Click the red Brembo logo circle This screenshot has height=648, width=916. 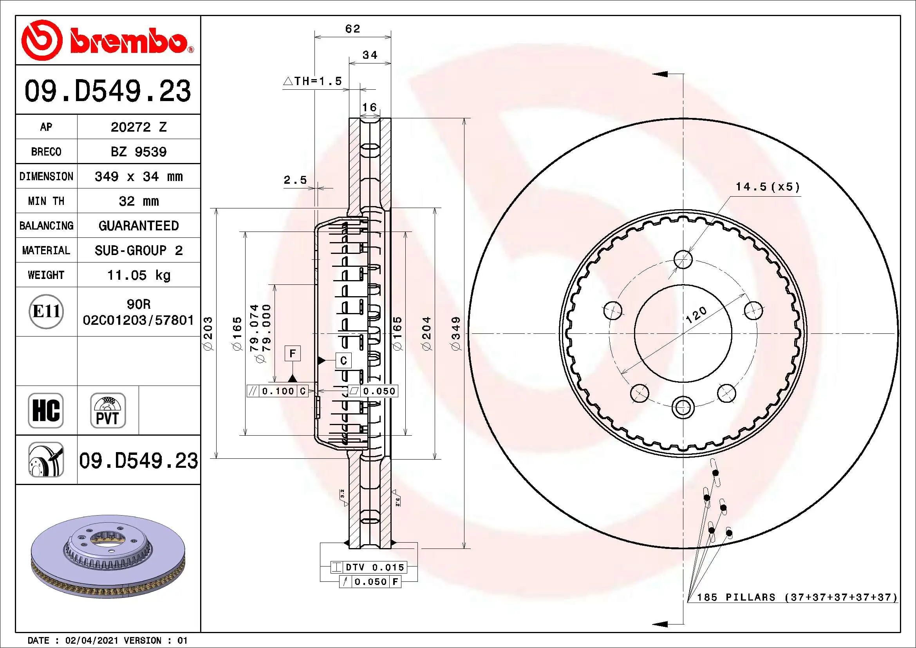pos(42,40)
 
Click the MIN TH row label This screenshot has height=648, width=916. pos(46,201)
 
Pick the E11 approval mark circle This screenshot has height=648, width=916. pos(46,311)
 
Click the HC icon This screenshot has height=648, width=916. pos(46,411)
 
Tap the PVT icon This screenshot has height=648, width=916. pos(108,411)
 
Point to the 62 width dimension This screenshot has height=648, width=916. pos(353,29)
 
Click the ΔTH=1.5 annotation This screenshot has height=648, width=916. pos(313,81)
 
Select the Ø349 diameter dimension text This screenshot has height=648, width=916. pos(456,333)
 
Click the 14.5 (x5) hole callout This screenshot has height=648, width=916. pos(768,187)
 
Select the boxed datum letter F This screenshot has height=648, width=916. pos(293,353)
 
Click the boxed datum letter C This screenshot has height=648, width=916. pos(343,361)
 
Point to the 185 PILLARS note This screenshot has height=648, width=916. pos(796,597)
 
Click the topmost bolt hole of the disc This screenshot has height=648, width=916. pos(683,260)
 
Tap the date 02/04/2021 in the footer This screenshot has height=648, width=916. pos(91,641)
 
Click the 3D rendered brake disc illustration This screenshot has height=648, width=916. pos(108,557)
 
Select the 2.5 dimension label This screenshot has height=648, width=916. pos(295,180)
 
